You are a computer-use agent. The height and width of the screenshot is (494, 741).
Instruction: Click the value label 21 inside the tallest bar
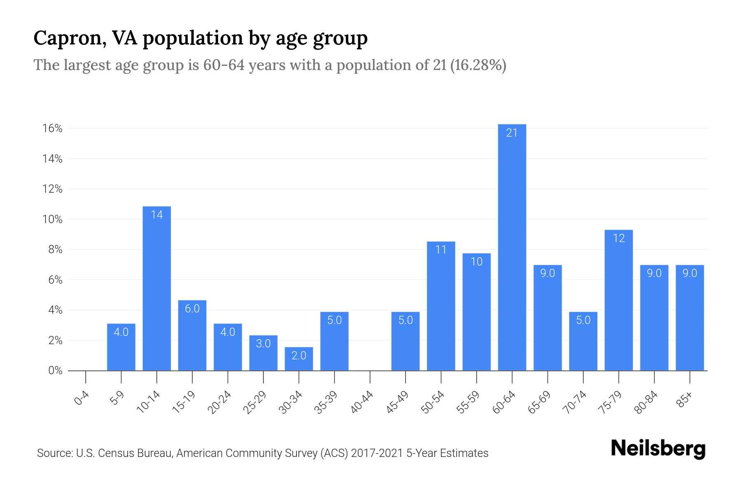click(x=512, y=133)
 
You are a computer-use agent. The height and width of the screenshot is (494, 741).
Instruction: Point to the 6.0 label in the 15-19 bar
click(x=192, y=309)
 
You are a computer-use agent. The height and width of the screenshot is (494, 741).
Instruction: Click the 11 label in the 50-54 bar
click(x=441, y=250)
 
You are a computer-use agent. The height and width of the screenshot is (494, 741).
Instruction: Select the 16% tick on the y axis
click(x=52, y=128)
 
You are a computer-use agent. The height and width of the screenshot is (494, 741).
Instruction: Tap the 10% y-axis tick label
click(x=52, y=219)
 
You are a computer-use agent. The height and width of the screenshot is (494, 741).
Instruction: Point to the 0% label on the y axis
click(x=55, y=370)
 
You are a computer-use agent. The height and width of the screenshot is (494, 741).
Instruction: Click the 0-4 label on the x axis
click(x=82, y=398)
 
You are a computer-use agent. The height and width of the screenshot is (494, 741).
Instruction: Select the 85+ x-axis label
click(x=685, y=400)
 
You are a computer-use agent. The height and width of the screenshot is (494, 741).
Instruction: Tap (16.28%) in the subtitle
click(x=478, y=65)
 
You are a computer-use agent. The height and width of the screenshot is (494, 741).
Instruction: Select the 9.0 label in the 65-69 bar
click(x=548, y=273)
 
